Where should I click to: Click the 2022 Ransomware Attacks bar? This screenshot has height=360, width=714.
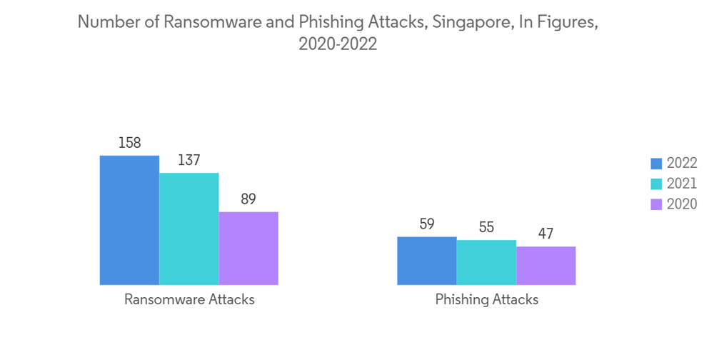coord(129,220)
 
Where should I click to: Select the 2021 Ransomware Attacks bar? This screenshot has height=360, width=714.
coord(188,229)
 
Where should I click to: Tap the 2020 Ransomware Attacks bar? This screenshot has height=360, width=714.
coord(248,248)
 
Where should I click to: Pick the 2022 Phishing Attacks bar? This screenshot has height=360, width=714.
coord(426,261)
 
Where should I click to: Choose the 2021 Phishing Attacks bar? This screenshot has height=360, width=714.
coord(486,262)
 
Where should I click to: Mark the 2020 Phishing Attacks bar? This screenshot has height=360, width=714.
coord(545,266)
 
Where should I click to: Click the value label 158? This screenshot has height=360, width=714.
coord(129,143)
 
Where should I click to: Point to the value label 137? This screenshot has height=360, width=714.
coord(188,160)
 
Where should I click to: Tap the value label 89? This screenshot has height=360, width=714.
coord(248,199)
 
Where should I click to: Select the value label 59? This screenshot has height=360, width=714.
coord(426,224)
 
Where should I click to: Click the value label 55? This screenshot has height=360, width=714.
coord(486,228)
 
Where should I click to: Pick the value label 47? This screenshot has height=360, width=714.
coord(545,234)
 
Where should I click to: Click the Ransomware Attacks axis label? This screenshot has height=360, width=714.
coord(189,299)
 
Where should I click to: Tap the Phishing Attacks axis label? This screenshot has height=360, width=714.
coord(486,299)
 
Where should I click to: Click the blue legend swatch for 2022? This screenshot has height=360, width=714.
coord(656,164)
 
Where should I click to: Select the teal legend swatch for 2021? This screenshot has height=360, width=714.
coord(656,184)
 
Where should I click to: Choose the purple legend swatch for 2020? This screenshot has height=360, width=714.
coord(656,204)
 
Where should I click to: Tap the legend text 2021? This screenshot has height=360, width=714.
coord(681,184)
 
